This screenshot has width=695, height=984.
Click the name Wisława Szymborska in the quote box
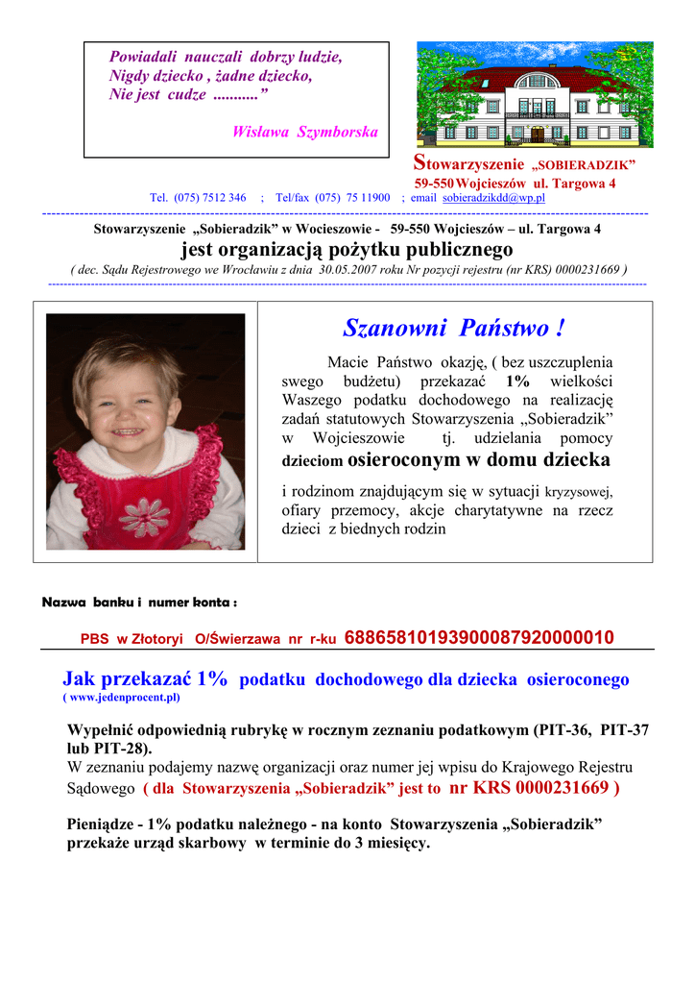point(304,132)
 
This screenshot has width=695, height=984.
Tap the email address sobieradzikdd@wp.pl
point(493,198)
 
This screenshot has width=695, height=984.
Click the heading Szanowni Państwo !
point(453,329)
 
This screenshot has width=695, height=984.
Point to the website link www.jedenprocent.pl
point(122,697)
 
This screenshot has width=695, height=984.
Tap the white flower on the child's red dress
point(146,515)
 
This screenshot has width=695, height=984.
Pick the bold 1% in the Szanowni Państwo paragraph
point(517,381)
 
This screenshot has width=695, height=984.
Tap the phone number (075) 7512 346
point(210,198)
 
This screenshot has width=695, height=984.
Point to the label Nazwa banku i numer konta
point(139,603)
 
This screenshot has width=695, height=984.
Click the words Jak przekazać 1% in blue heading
point(145,679)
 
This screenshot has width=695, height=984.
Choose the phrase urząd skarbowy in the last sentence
point(200,844)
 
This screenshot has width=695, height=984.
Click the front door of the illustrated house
point(537,134)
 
